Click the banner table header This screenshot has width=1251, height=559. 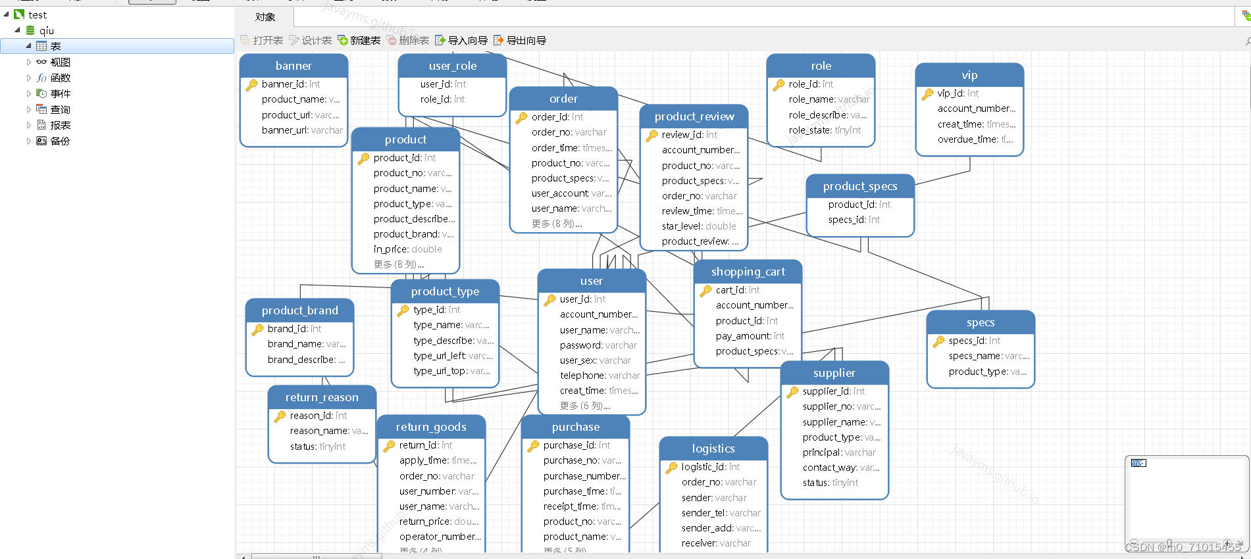(x=294, y=66)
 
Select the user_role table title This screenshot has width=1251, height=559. (x=452, y=66)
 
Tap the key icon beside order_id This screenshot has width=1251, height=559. (x=521, y=118)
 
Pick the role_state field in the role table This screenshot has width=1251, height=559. (x=824, y=130)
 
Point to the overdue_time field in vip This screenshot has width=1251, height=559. (x=975, y=139)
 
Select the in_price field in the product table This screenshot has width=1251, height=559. (x=407, y=249)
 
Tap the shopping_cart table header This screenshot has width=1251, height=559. (x=748, y=272)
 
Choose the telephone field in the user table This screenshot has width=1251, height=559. (x=600, y=376)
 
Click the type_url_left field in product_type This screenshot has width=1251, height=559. (x=452, y=356)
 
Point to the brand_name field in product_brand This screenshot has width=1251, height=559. (x=306, y=344)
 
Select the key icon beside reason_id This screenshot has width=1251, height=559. (x=280, y=416)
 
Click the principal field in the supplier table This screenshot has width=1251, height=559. (x=838, y=452)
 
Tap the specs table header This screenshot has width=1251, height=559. (x=980, y=323)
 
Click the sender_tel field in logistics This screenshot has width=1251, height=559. (x=721, y=513)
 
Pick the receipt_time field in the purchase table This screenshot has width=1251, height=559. (x=582, y=506)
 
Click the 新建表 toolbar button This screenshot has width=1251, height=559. (x=359, y=41)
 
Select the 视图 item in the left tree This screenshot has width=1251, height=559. (x=60, y=62)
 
